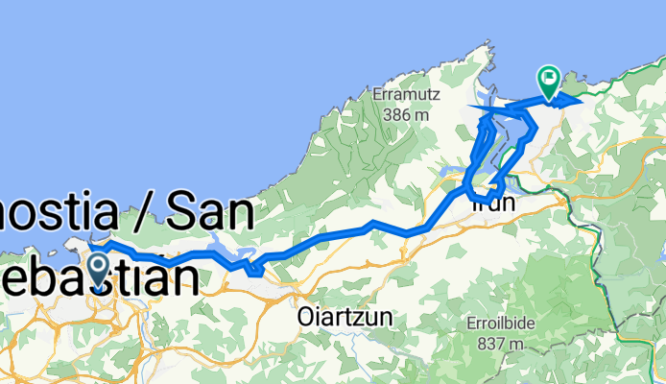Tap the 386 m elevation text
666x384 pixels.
tap(404, 114)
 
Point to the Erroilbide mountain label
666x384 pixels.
tap(500, 324)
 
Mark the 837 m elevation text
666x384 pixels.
tap(500, 343)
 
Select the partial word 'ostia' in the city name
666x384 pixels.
tap(58, 212)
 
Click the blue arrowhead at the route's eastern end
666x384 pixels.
tap(574, 99)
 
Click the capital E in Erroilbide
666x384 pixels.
tap(468, 324)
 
